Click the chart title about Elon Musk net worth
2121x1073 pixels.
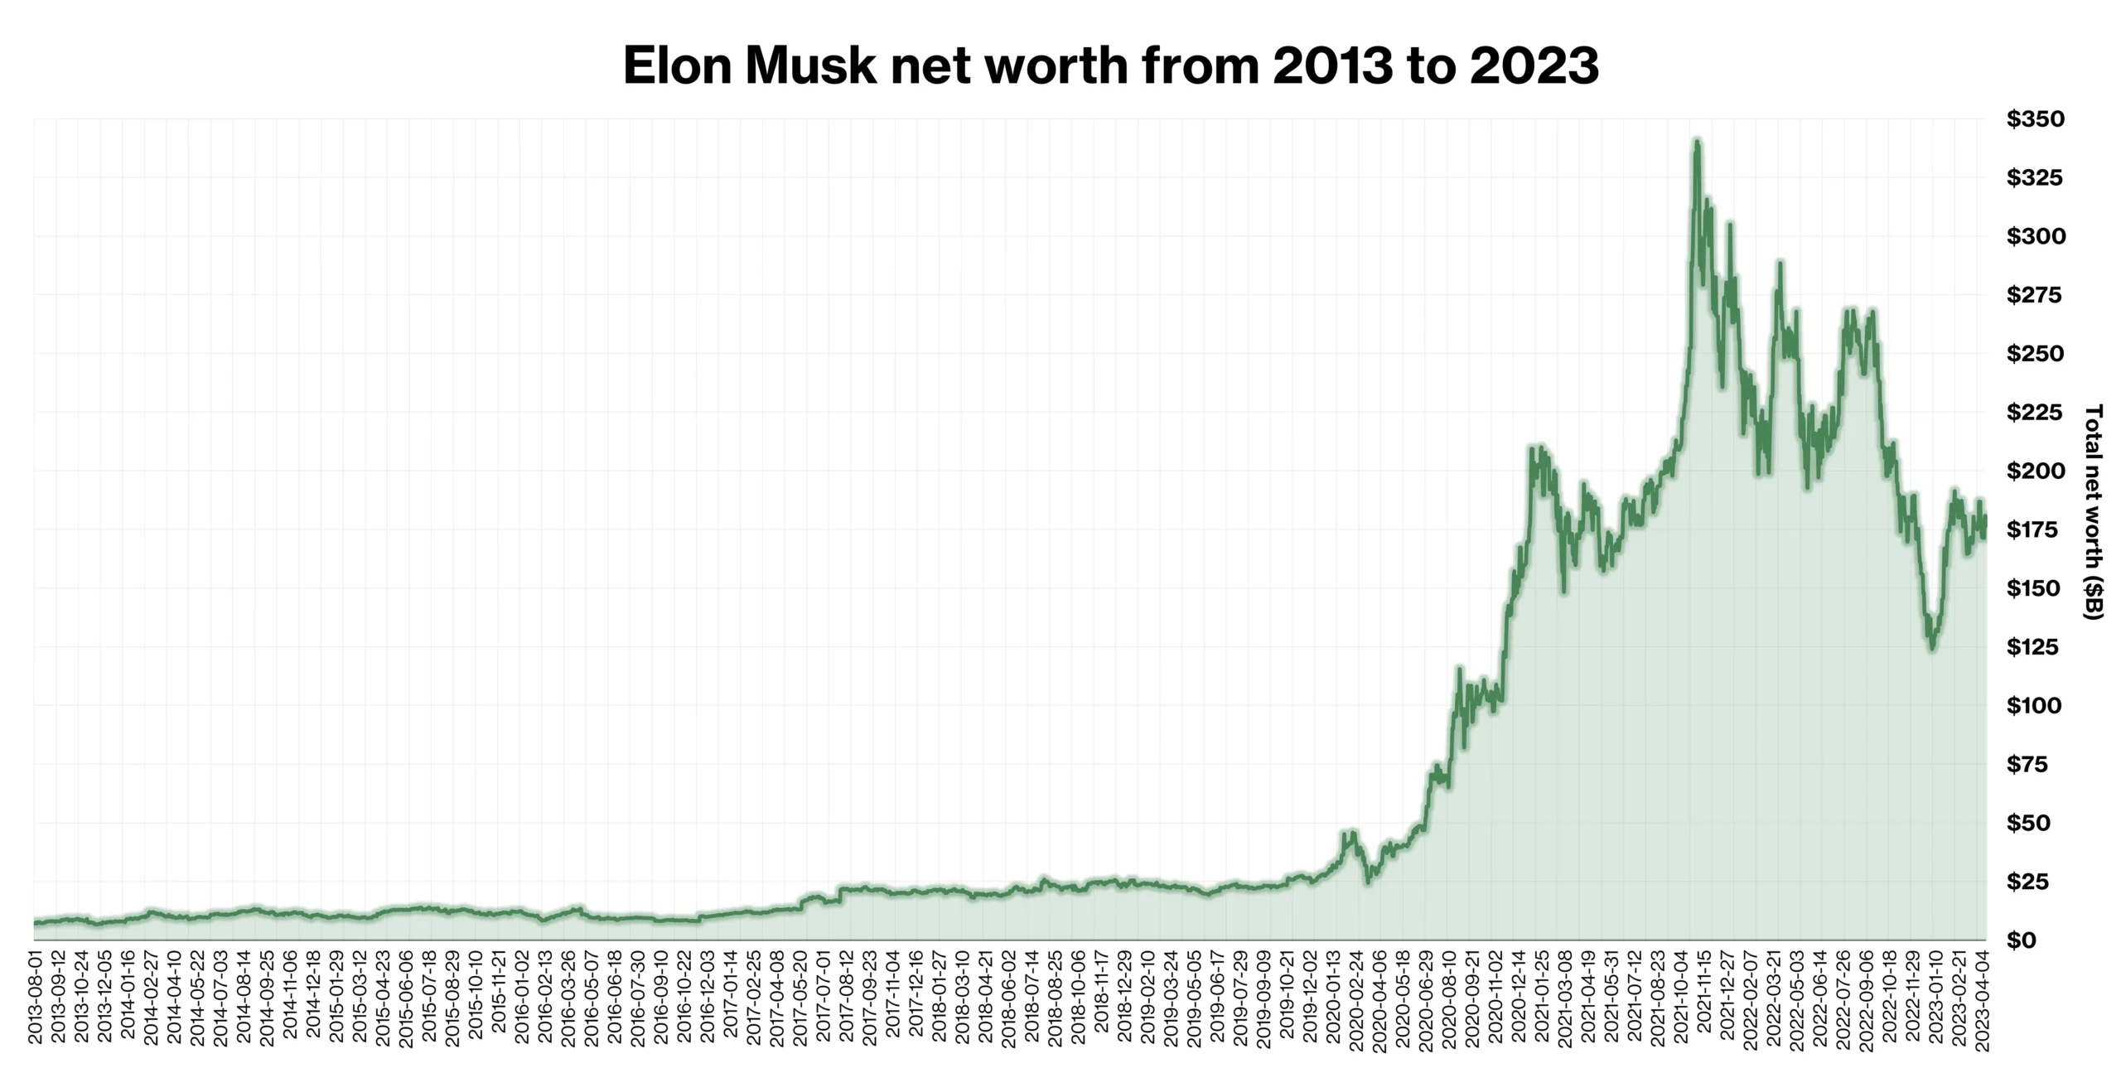pos(1110,66)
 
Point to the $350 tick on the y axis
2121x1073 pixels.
pos(2035,119)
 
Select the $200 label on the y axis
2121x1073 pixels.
pos(2035,471)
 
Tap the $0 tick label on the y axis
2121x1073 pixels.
pos(2022,940)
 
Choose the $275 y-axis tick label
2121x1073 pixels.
pos(2035,295)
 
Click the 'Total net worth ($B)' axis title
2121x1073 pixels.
pos(2093,512)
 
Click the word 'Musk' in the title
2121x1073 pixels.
pos(810,66)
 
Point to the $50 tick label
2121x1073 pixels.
pos(2028,823)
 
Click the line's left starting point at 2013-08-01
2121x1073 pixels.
pos(35,921)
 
